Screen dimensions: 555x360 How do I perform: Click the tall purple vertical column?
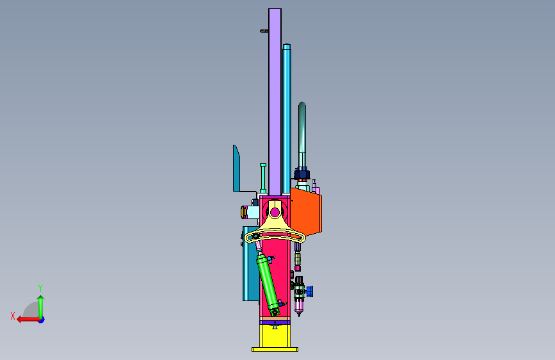point(275,101)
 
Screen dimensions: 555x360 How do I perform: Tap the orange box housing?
point(306,211)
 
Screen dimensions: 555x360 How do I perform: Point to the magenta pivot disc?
point(275,213)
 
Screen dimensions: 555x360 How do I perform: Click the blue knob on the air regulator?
point(309,291)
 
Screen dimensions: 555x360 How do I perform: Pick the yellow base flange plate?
point(275,349)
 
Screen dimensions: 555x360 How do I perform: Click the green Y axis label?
point(40,288)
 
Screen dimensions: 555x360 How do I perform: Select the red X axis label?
point(13,316)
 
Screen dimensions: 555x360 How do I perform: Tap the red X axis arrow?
point(29,320)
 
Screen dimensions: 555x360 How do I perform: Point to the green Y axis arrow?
point(41,307)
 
